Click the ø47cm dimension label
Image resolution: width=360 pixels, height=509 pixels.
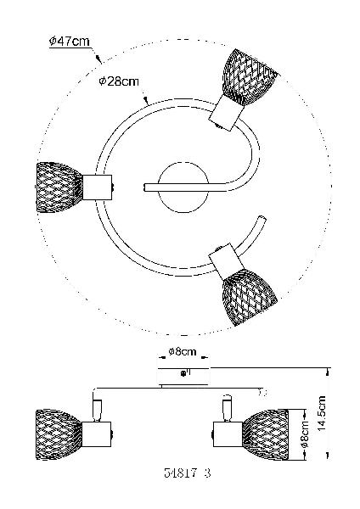pos(69,42)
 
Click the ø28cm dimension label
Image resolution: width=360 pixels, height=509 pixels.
pos(119,81)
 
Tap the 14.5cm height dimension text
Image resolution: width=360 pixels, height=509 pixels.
pos(322,413)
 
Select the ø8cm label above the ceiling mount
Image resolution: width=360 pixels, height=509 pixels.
pos(183,351)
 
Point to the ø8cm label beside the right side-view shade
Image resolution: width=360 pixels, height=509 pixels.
pos(305,434)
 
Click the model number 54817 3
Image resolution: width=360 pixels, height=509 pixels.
pos(188,473)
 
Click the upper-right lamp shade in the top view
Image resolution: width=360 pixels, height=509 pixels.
pos(249,76)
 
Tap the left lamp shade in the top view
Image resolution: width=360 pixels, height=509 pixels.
pos(59,187)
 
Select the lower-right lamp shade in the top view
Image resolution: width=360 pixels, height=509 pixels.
pos(250,297)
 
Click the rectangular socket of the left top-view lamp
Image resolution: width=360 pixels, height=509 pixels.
pos(97,187)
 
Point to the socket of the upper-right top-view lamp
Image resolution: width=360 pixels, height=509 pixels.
pos(226,113)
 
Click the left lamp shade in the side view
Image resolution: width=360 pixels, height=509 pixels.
pos(59,434)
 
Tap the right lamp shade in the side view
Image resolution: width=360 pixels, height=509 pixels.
pos(266,434)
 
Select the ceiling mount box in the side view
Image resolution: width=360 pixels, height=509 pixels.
pos(183,376)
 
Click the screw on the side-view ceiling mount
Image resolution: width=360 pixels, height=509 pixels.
pos(183,373)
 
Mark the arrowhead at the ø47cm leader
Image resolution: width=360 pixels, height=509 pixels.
pos(98,59)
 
